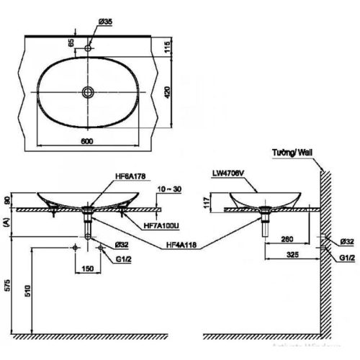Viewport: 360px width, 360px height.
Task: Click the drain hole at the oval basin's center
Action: click(88, 91)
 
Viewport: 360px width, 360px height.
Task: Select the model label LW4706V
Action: click(228, 174)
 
